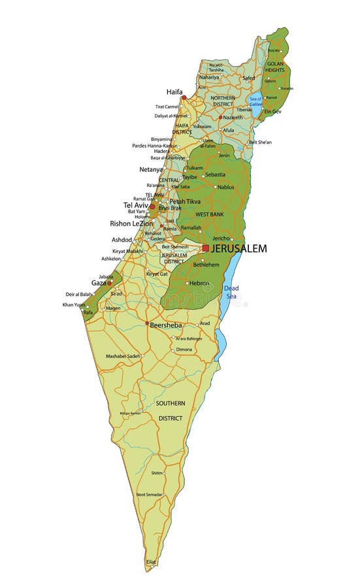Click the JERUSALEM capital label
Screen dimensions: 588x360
238,249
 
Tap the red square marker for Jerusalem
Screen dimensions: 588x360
206,248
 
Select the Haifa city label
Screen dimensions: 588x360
174,92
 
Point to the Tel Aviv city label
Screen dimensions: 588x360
136,205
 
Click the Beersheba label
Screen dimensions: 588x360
165,325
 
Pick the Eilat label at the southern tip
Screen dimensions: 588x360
151,562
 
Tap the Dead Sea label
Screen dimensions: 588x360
231,292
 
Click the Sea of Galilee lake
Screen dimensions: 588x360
255,101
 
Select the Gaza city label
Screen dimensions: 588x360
99,283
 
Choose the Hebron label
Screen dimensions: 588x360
199,283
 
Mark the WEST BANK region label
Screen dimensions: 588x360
210,214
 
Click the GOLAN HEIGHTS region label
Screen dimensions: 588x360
275,67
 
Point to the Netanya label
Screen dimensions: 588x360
151,169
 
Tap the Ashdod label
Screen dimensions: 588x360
122,240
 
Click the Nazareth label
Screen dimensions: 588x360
232,118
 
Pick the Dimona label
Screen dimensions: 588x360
184,350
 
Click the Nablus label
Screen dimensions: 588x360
225,188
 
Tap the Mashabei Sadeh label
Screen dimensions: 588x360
123,356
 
